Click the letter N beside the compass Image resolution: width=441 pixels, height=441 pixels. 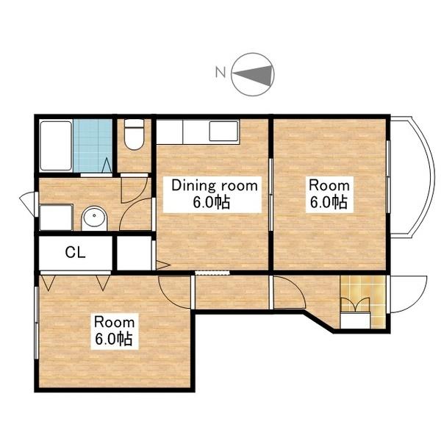tap(220, 72)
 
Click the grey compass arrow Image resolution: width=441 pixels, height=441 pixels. tap(254, 74)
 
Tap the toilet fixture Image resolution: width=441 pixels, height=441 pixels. tap(135, 135)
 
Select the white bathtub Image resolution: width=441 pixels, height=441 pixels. tap(56, 146)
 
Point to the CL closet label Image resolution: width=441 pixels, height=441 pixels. tap(75, 252)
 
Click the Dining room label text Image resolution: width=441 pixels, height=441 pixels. tap(215, 185)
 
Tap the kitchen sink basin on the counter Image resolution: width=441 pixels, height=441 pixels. tap(224, 131)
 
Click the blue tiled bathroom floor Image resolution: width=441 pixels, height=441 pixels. tap(93, 146)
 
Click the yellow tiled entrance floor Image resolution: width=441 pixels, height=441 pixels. tap(363, 301)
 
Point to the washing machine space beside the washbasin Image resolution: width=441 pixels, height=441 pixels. tap(56, 218)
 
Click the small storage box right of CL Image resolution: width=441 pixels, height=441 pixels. tap(135, 253)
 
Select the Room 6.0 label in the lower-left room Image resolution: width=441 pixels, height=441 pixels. tap(114, 331)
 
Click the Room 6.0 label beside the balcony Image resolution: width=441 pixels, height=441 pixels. tap(329, 194)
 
